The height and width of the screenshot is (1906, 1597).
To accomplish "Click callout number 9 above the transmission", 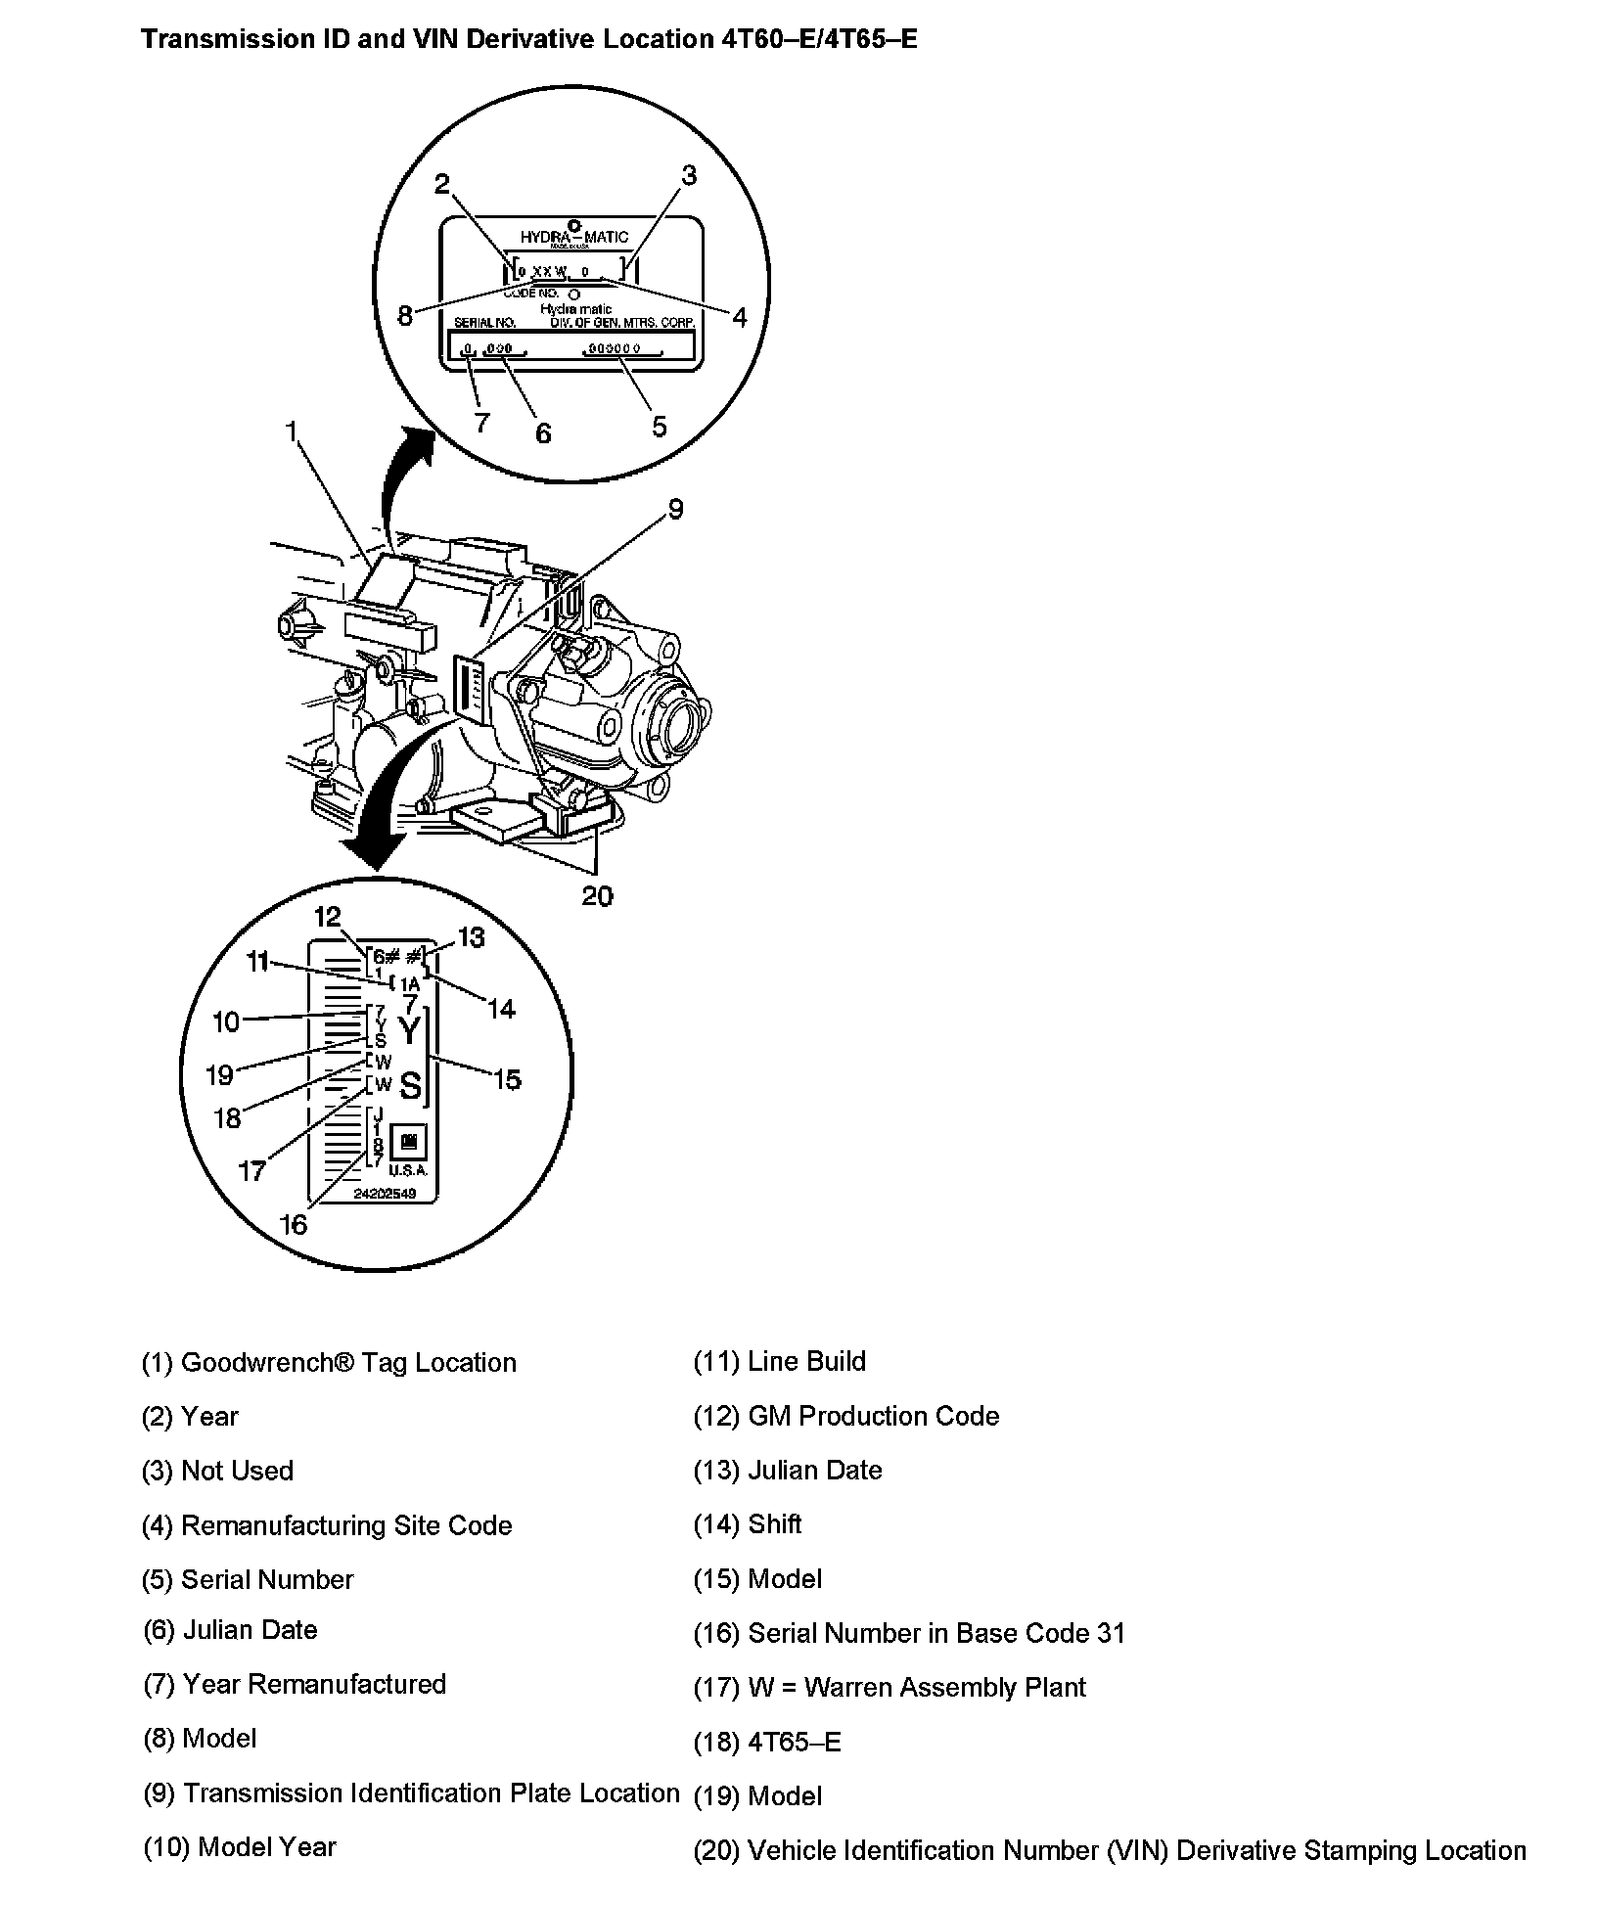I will click(674, 509).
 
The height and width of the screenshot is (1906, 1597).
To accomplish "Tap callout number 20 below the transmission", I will click(597, 895).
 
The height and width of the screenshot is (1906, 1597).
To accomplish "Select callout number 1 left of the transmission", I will click(291, 431).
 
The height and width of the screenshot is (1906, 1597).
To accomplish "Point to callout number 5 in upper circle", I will click(659, 427).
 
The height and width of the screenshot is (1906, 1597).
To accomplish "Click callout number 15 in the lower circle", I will click(507, 1080).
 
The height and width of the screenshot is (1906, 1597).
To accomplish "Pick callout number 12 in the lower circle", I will click(327, 916).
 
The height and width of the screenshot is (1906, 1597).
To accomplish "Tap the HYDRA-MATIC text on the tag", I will click(573, 237).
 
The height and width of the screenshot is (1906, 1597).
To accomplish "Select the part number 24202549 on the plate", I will click(385, 1194).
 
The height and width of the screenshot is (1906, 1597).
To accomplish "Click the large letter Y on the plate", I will click(410, 1031).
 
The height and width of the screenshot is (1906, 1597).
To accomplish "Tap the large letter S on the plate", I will click(411, 1086).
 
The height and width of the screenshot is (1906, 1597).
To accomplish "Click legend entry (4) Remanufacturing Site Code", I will click(327, 1525).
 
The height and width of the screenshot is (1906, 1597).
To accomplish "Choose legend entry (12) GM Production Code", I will click(845, 1416).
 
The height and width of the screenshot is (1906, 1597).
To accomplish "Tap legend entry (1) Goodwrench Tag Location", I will click(329, 1362).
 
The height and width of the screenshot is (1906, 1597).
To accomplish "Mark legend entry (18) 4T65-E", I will click(767, 1742).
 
